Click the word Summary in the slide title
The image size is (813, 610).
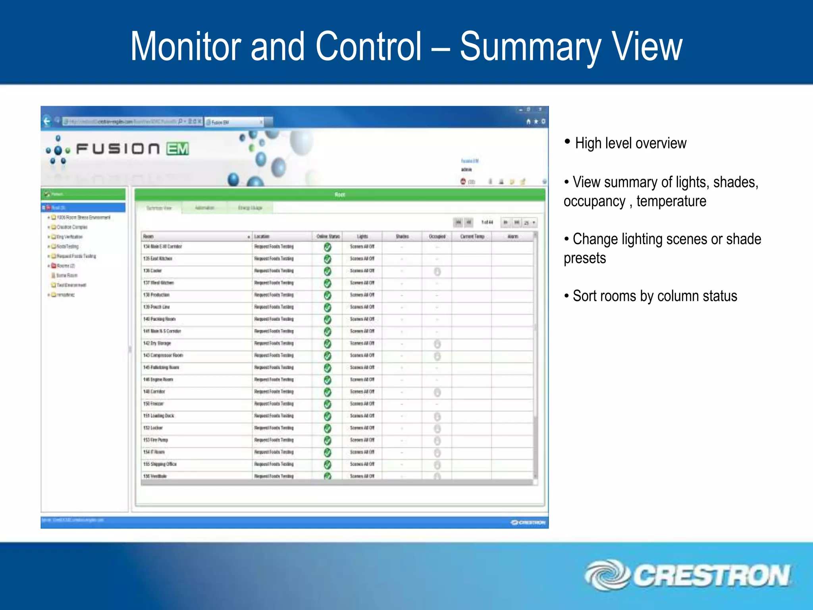tap(530, 47)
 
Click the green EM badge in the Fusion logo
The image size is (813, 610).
tap(177, 149)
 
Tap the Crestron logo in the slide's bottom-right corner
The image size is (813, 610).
tap(688, 575)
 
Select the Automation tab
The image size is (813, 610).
tap(204, 208)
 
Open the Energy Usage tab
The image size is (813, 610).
tap(250, 208)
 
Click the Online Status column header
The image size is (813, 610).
tap(328, 237)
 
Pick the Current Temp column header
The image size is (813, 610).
tap(472, 237)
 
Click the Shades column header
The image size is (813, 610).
tap(402, 237)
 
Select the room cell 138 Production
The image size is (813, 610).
tap(156, 295)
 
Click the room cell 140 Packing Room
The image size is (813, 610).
tap(159, 319)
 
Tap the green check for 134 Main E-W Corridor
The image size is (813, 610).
tap(328, 247)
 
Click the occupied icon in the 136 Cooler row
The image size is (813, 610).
tap(437, 272)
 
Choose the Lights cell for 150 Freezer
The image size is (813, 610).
tap(362, 404)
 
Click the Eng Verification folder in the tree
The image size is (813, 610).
tap(69, 237)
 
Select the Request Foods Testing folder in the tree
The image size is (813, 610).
tap(76, 256)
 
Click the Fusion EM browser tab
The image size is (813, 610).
tap(234, 122)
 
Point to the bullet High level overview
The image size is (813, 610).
tap(630, 143)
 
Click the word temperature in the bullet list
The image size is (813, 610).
tap(671, 201)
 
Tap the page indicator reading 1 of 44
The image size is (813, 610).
tap(487, 222)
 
